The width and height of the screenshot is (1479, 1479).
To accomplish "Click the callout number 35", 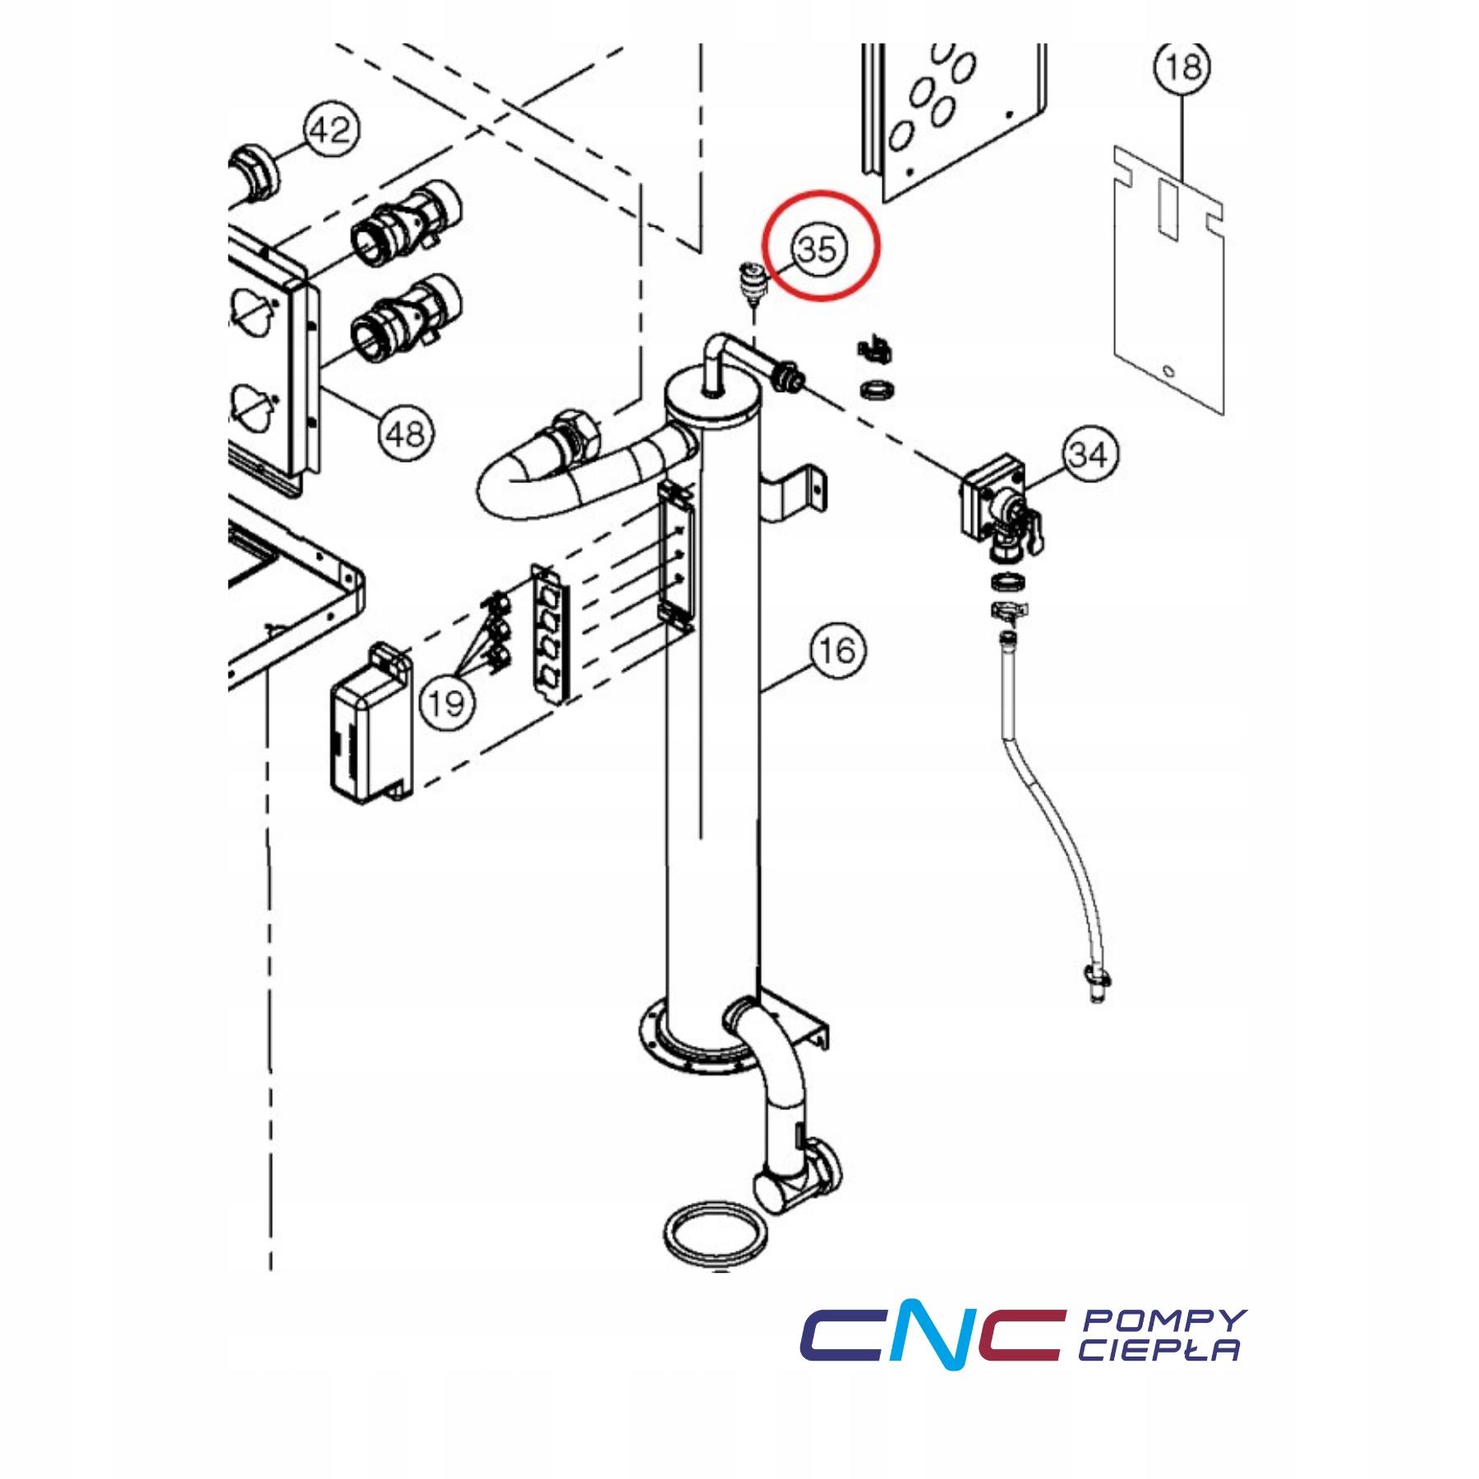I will (818, 248).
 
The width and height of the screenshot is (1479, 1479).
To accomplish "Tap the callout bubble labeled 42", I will (331, 130).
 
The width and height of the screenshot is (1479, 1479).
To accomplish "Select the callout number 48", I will (405, 434).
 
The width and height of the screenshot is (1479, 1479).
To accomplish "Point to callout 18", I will (1182, 67).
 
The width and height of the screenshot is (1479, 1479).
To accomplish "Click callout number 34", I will (1090, 454).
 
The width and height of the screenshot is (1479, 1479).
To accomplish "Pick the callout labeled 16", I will (837, 651).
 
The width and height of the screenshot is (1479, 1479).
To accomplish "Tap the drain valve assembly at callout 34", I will (998, 509).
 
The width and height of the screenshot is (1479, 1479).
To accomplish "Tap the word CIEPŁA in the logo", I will (1159, 1350).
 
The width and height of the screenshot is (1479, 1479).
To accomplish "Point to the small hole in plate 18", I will (1170, 371).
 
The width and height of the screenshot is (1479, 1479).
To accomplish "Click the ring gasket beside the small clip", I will (878, 389).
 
